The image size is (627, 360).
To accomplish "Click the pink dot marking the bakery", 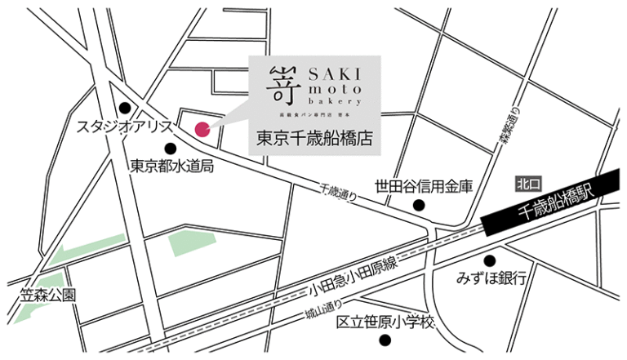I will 202,127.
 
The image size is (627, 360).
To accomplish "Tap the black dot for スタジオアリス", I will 125,108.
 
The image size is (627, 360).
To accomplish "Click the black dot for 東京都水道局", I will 171,149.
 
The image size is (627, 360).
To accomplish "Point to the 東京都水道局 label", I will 171,167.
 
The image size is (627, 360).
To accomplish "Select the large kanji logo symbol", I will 278,85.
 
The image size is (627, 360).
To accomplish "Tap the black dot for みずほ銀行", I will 489,260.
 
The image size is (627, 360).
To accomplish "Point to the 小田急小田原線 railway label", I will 353,278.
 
